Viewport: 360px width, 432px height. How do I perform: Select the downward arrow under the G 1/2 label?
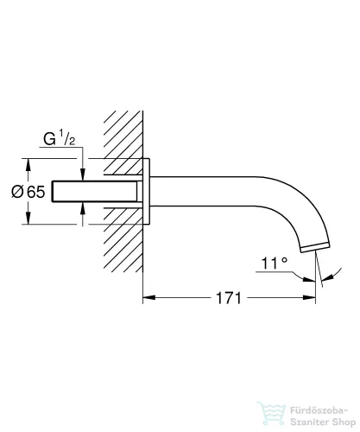click(x=84, y=173)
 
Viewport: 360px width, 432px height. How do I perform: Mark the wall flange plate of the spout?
click(x=148, y=191)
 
